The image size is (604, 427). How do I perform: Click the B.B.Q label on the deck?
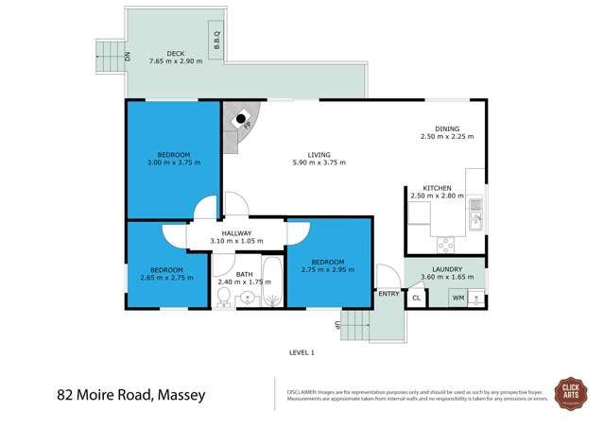click(216, 43)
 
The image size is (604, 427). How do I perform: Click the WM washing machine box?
click(458, 298)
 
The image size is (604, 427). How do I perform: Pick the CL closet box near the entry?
click(416, 298)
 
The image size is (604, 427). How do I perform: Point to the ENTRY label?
click(388, 294)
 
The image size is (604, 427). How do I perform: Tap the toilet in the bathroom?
click(223, 299)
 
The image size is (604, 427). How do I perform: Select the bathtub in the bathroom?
click(269, 283)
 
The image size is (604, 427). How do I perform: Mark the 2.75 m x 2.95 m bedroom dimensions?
click(327, 270)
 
